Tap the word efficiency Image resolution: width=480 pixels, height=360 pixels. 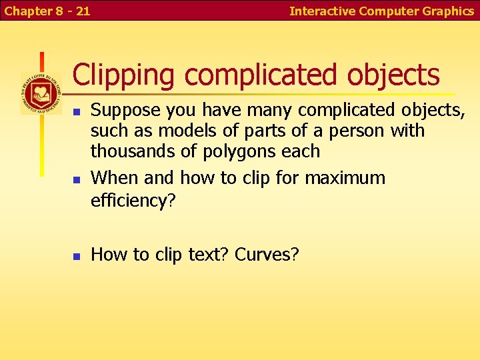coord(129,200)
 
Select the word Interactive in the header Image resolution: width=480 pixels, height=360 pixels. coord(322,11)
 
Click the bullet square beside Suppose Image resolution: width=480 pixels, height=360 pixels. coord(77,111)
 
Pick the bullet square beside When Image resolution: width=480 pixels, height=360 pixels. coord(77,179)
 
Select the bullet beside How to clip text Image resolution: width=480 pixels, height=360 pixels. coord(77,255)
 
